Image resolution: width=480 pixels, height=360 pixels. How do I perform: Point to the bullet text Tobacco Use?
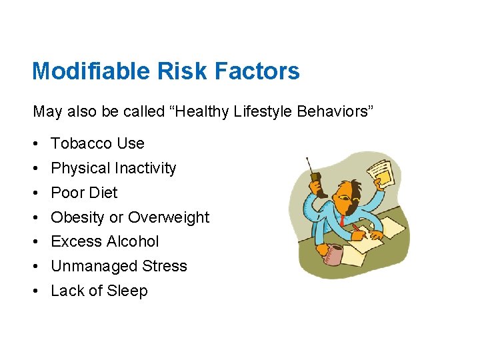click(97, 143)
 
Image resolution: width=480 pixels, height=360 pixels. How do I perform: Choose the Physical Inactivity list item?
click(113, 168)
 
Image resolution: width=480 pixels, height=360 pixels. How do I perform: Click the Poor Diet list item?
click(84, 193)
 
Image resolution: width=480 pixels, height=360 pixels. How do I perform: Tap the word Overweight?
click(169, 217)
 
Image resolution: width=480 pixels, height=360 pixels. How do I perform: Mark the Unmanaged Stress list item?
click(119, 266)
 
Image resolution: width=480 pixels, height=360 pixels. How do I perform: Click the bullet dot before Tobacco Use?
click(35, 144)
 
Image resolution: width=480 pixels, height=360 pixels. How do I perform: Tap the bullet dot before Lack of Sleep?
click(35, 291)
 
